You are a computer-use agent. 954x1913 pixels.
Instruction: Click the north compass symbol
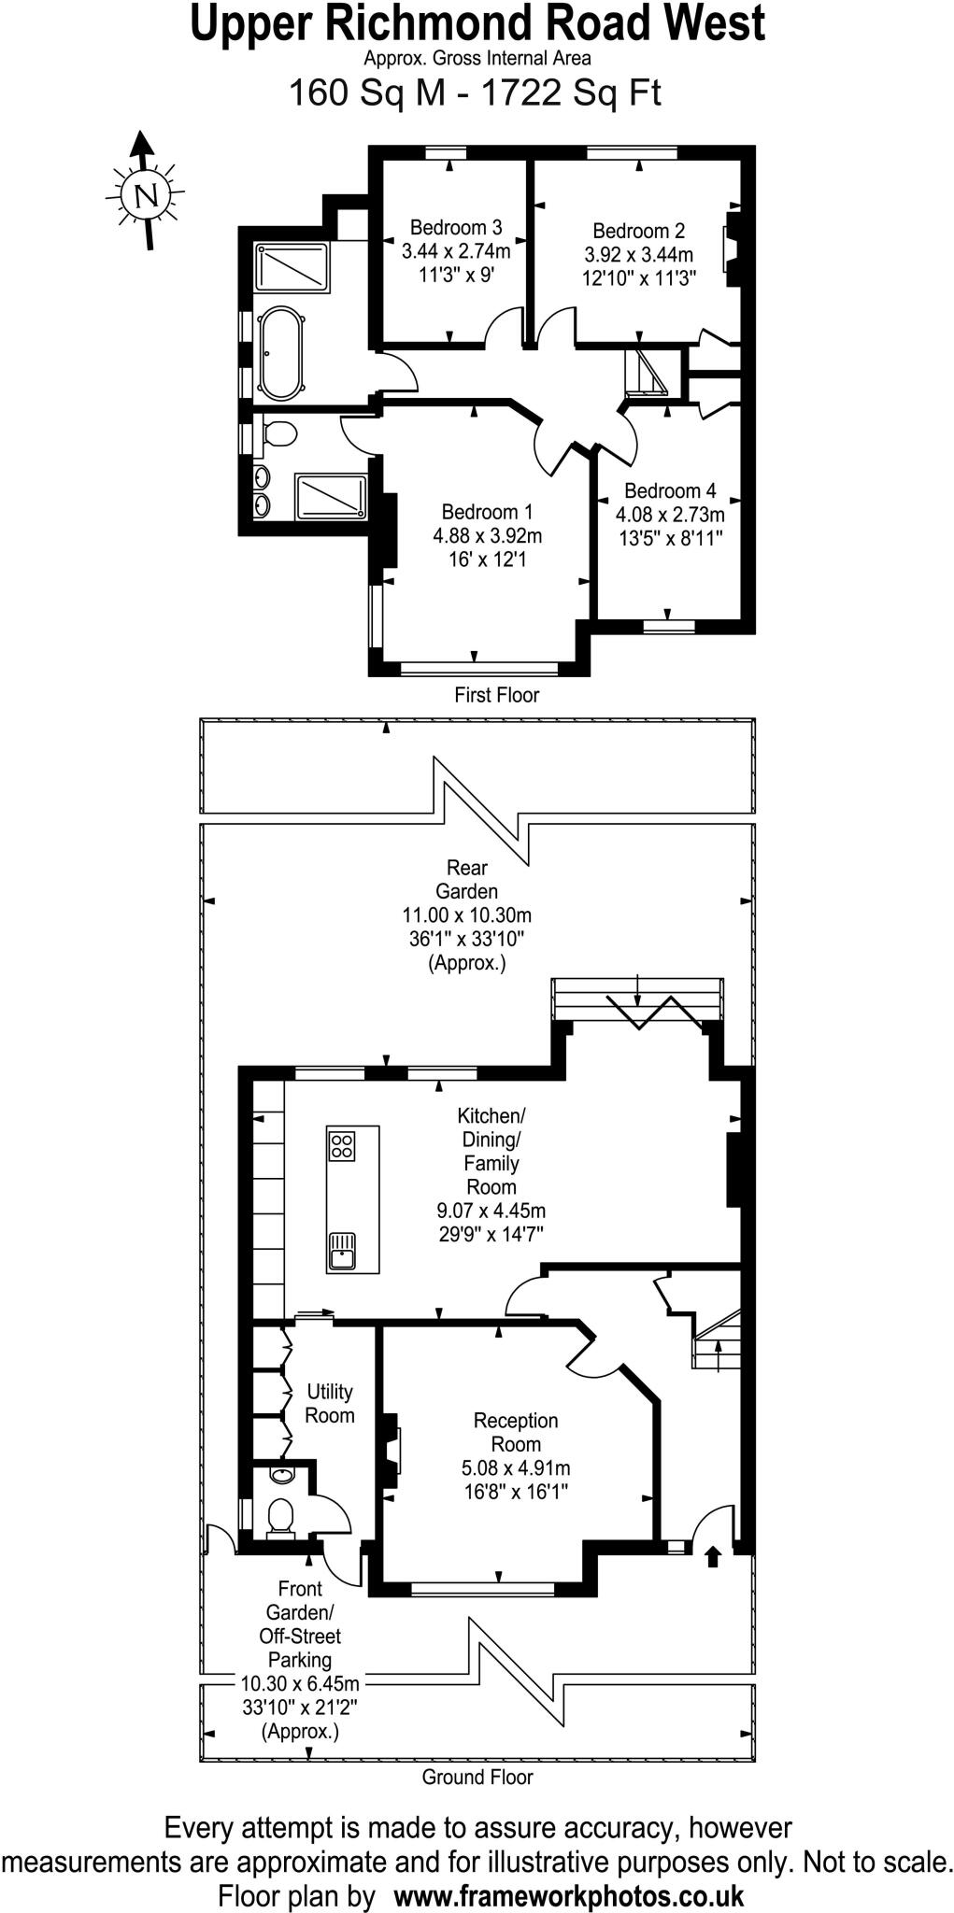tap(145, 194)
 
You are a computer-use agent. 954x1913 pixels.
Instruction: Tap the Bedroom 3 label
tap(455, 227)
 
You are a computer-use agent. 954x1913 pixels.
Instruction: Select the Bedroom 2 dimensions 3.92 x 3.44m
tap(638, 255)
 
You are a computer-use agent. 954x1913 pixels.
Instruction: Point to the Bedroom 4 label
tap(670, 490)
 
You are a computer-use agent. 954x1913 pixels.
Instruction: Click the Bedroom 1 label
tap(487, 512)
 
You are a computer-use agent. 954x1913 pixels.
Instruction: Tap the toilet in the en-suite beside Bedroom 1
tap(278, 433)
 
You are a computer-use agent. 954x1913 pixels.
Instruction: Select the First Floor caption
tap(496, 695)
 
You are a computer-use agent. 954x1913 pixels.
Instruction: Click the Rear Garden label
tap(466, 879)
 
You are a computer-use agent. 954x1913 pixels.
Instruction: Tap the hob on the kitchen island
tap(341, 1145)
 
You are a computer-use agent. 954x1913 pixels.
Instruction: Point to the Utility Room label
tap(329, 1403)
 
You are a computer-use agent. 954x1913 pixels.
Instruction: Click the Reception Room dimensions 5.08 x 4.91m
tap(515, 1467)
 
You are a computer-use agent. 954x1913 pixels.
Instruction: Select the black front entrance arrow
tap(712, 1556)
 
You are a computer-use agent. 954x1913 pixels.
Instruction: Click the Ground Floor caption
tap(477, 1778)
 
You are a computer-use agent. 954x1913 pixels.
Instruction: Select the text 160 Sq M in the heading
tap(367, 93)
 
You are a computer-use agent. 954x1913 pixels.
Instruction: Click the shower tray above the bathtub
tap(292, 268)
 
